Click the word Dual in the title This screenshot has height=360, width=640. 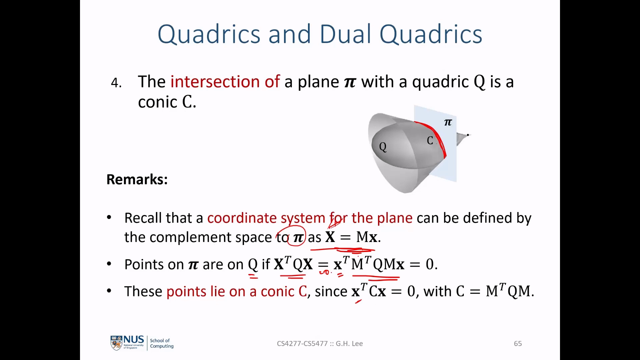[345, 34]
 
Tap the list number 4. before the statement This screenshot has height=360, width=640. [116, 83]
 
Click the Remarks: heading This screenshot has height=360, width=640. [137, 179]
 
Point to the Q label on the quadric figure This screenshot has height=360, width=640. [383, 147]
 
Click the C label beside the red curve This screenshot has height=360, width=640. [430, 141]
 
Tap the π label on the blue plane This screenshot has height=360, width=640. [448, 123]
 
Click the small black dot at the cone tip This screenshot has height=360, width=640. [468, 135]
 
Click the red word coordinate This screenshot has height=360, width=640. [242, 218]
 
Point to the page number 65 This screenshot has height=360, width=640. [518, 344]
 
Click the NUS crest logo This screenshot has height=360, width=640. [116, 343]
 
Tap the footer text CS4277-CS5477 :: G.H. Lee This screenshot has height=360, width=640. [320, 344]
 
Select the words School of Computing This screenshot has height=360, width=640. [162, 343]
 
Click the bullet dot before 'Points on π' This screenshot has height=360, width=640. [109, 264]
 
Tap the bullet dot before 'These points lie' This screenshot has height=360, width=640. [109, 291]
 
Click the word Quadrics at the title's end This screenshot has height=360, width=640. [431, 34]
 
